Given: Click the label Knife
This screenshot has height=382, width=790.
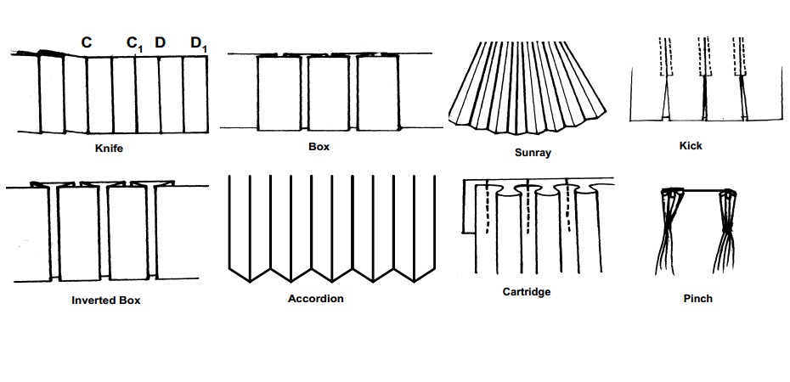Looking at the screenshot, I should click(111, 148).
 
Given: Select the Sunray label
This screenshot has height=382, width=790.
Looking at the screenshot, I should click(533, 154).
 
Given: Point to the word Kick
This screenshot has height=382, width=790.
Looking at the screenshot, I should click(691, 145).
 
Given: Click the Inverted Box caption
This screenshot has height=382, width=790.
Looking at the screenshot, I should click(105, 300).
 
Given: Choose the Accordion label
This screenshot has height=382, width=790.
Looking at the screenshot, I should click(315, 299).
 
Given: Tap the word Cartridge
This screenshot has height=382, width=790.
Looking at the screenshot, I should click(527, 291).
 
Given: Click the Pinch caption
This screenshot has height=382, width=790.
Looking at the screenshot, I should click(697, 299).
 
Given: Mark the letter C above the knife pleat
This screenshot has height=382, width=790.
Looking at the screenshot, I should click(86, 41).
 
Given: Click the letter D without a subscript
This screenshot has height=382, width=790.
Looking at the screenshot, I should click(160, 41).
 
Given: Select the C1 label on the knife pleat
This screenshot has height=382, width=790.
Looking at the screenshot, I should click(135, 42).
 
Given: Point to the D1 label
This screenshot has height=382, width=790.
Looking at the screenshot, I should click(198, 42).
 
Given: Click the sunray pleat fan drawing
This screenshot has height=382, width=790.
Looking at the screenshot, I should click(532, 89).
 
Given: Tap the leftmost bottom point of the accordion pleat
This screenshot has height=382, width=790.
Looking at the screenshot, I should click(251, 280).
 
